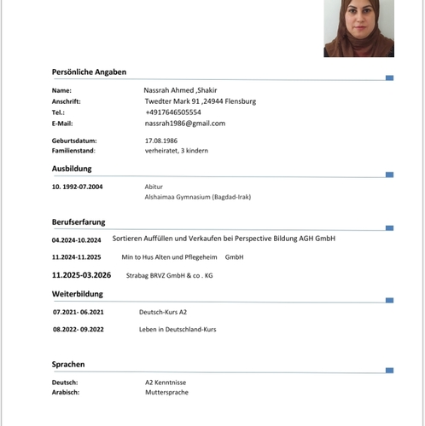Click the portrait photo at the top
click(x=358, y=27)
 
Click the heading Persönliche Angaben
click(x=89, y=72)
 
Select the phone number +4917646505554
click(x=173, y=112)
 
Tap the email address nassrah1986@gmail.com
click(x=184, y=123)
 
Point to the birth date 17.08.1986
click(x=160, y=140)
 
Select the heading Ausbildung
click(x=72, y=169)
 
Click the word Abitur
click(x=154, y=186)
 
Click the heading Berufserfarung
click(x=79, y=222)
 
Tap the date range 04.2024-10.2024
click(x=76, y=239)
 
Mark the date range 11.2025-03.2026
click(x=82, y=275)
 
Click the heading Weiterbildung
click(x=78, y=294)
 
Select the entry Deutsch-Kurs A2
click(x=163, y=312)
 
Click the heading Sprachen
click(x=68, y=364)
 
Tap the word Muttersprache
click(x=166, y=392)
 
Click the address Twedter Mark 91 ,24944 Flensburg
click(x=200, y=101)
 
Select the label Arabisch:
click(x=66, y=392)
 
